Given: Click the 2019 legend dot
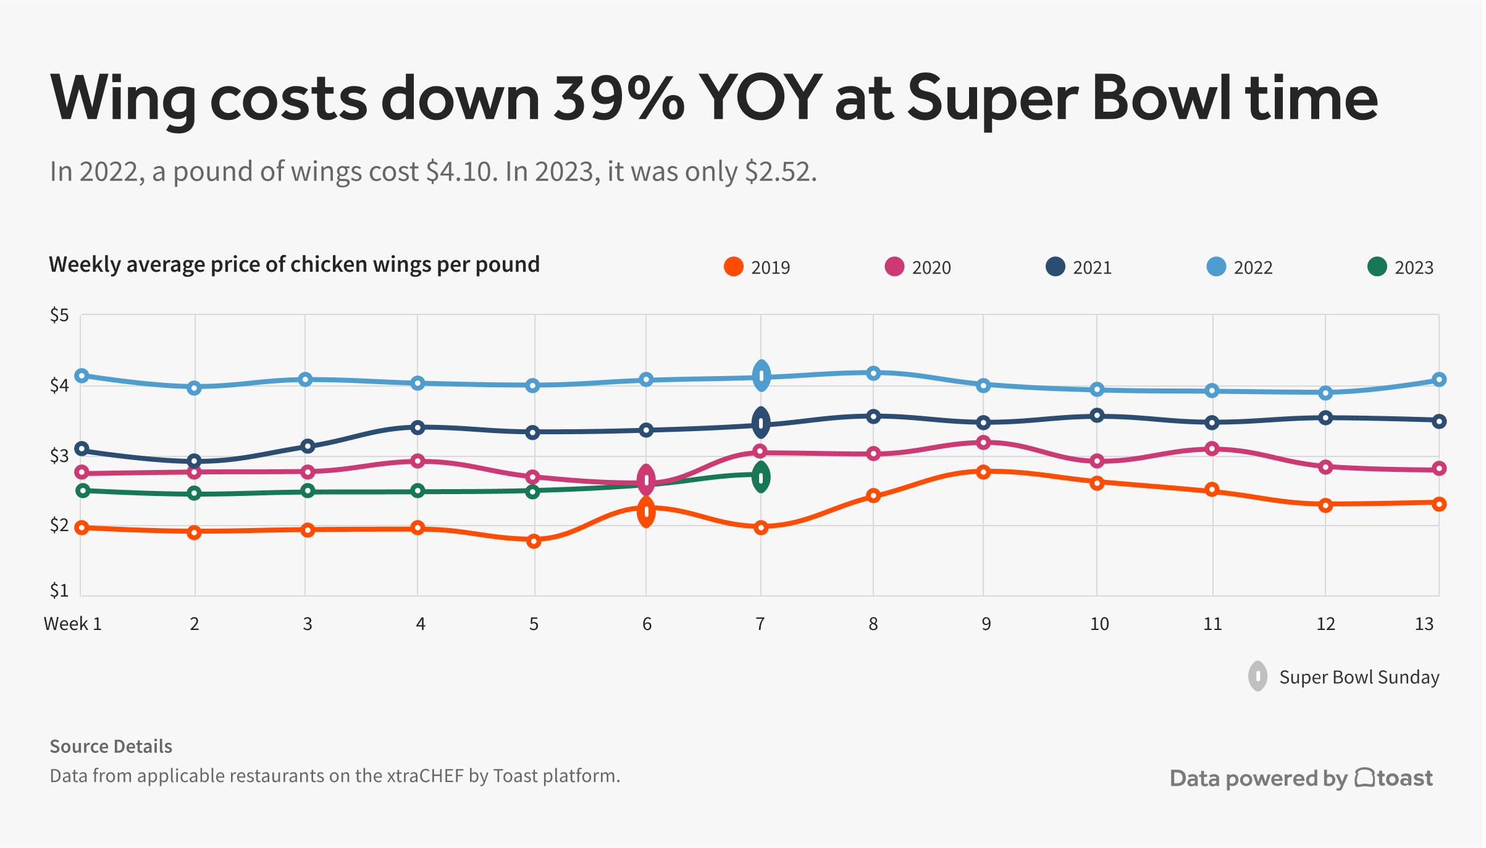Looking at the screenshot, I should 733,267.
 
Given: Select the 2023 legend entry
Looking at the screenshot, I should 1401,267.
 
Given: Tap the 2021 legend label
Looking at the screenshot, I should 1092,268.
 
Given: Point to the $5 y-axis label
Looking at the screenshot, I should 59,316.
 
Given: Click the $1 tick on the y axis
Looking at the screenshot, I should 59,591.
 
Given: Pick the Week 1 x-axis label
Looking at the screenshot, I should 73,624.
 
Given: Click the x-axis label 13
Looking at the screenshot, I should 1424,624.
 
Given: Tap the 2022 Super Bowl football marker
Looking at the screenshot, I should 762,376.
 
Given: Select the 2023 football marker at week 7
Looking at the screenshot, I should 761,477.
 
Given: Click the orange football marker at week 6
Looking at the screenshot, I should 646,512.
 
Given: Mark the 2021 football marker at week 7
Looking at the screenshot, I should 761,424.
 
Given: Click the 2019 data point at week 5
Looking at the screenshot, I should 534,541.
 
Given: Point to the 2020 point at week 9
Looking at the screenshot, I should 984,442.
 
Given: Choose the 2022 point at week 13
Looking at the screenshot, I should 1438,379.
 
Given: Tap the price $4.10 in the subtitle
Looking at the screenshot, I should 461,172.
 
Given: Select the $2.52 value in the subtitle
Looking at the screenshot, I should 780,172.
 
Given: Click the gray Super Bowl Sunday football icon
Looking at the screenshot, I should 1257,676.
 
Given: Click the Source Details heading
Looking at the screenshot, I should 111,746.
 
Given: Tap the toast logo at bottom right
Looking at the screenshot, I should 1394,778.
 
